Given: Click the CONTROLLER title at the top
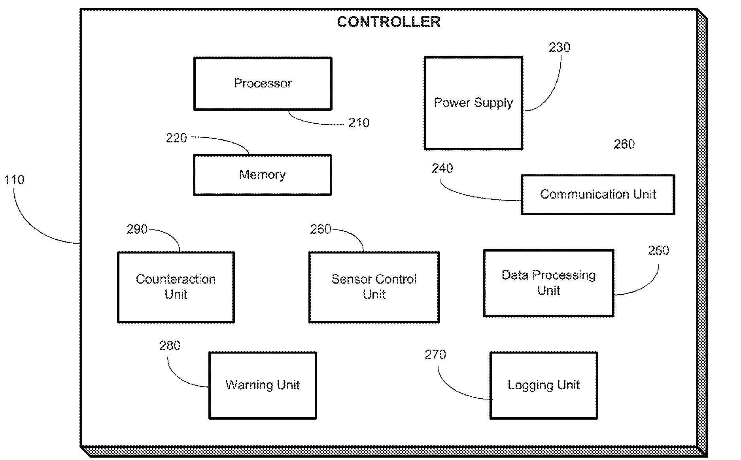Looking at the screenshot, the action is coord(389,22).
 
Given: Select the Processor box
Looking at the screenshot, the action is coord(263,83).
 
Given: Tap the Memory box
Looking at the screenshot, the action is coord(262,175).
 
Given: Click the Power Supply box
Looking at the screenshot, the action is coord(473,103).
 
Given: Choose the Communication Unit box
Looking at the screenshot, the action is coord(598,195).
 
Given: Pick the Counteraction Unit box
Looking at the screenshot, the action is coord(176,287).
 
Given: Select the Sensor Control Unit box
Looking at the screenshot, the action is coord(374,287).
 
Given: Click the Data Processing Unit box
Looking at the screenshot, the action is coord(548,283).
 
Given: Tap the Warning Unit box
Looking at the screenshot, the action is coord(263,385).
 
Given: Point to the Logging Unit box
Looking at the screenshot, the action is coord(544,385).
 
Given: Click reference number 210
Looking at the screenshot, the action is coord(359,123).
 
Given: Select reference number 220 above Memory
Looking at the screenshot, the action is coord(176,138).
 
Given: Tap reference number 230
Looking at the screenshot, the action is coord(559,47).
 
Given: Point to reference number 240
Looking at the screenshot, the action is coord(442,168).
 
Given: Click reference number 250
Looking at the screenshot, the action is coord(658,250).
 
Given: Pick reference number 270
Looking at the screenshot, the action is coord(435,354).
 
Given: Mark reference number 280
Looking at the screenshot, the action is coord(170,346).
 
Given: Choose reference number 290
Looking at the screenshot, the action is coord(137,229).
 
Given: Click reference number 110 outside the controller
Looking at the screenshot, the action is coord(14,180).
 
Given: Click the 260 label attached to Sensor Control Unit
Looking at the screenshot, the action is coord(320,229).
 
